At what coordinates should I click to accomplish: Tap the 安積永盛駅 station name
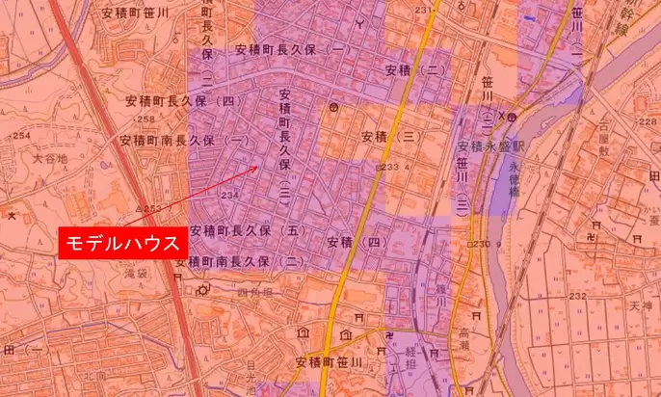(490, 146)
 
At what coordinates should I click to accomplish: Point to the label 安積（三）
(391, 137)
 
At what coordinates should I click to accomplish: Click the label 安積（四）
(358, 240)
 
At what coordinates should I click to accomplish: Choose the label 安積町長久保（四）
(181, 99)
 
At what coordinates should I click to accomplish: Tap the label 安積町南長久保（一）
(184, 140)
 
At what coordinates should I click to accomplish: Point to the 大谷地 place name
(50, 158)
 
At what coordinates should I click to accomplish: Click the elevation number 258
(146, 119)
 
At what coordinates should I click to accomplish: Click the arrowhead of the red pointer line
(257, 168)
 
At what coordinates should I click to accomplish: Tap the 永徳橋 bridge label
(513, 182)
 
